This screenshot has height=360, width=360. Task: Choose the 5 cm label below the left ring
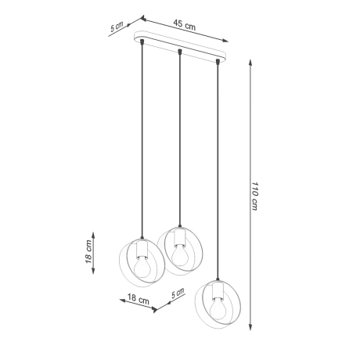(x=177, y=295)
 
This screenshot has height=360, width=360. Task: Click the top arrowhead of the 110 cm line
(x=248, y=60)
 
